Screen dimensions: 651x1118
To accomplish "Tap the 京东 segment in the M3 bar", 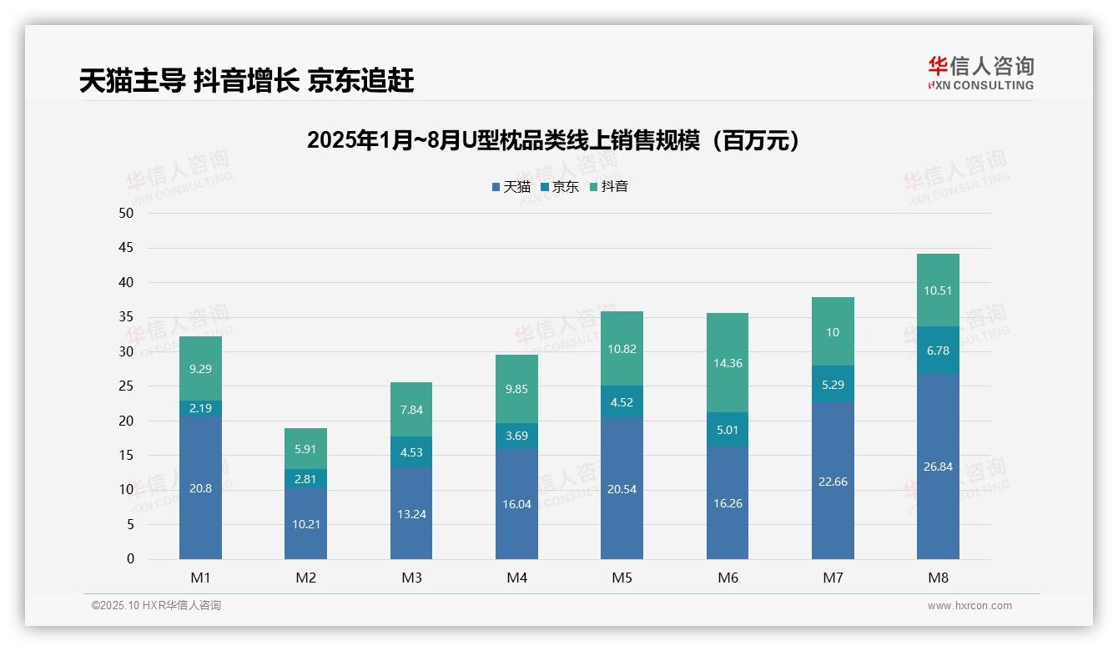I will pyautogui.click(x=411, y=452).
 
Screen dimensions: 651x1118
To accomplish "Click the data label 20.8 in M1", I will pyautogui.click(x=200, y=488).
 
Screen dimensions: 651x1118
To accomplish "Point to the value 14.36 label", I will pyautogui.click(x=728, y=363).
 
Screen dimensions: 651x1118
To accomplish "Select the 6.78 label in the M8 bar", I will pyautogui.click(x=938, y=351).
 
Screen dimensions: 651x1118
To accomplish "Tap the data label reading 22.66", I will pyautogui.click(x=833, y=482).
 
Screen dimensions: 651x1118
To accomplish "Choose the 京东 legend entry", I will pyautogui.click(x=560, y=187).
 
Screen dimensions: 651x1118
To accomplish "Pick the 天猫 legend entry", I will pyautogui.click(x=511, y=187).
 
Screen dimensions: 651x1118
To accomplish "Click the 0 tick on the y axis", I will pyautogui.click(x=130, y=559).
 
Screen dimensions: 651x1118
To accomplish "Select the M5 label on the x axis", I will pyautogui.click(x=622, y=578).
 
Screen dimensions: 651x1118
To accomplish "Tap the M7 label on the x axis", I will pyautogui.click(x=833, y=578).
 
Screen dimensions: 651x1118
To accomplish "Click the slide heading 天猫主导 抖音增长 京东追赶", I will pyautogui.click(x=247, y=81).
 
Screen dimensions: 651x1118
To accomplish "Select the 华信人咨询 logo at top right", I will pyautogui.click(x=980, y=73).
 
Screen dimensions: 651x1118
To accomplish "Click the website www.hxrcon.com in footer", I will pyautogui.click(x=969, y=606).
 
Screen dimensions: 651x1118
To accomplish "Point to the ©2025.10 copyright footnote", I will pyautogui.click(x=156, y=605).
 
